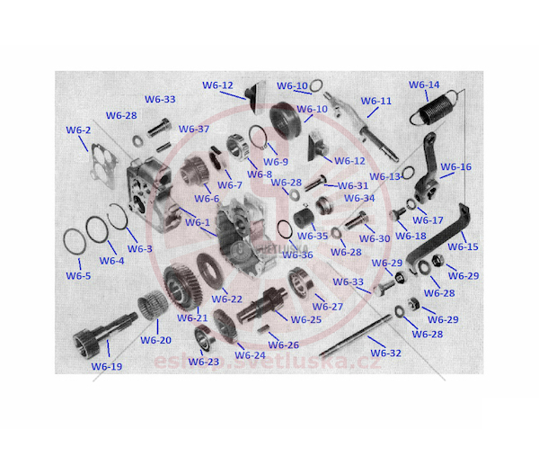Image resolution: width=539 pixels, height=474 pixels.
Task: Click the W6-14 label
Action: pyautogui.click(x=424, y=85)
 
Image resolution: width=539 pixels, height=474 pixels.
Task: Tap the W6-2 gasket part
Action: pyautogui.click(x=104, y=166)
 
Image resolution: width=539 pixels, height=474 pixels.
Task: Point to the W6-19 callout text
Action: pyautogui.click(x=107, y=367)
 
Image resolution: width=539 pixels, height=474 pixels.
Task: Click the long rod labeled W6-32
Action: pyautogui.click(x=356, y=335)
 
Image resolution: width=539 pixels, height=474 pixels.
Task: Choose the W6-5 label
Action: pyautogui.click(x=78, y=276)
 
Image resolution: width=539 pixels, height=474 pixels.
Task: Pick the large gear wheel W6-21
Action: pyautogui.click(x=182, y=286)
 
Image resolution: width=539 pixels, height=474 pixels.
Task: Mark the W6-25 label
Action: pyautogui.click(x=306, y=319)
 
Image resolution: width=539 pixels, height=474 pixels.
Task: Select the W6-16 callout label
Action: pyautogui.click(x=455, y=167)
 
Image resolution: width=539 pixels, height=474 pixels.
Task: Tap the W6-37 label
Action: pyautogui.click(x=194, y=130)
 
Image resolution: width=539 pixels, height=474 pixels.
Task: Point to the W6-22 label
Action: pyautogui.click(x=227, y=299)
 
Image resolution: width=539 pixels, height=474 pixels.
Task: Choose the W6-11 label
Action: pyautogui.click(x=376, y=101)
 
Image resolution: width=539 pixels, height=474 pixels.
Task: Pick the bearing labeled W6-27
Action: pyautogui.click(x=301, y=282)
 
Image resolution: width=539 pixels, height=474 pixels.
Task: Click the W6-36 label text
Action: pyautogui.click(x=297, y=255)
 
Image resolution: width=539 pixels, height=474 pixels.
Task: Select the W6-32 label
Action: pyautogui.click(x=385, y=353)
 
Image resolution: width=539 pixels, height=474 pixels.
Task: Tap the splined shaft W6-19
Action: pyautogui.click(x=103, y=331)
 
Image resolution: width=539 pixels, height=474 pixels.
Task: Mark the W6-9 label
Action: pyautogui.click(x=276, y=161)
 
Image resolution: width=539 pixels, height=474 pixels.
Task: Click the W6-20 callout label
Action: pyautogui.click(x=155, y=340)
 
